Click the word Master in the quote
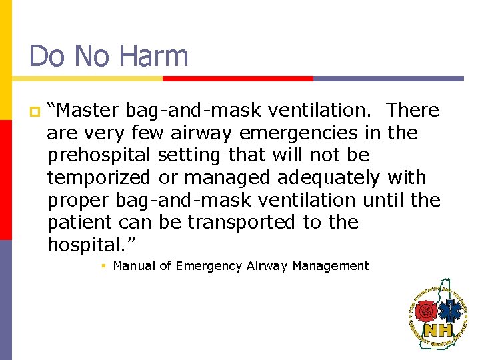pos(89,110)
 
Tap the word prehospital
pos(99,155)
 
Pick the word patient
pos(78,222)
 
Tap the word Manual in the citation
pos(133,266)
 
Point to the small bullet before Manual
pos(104,266)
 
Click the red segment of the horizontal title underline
pos(238,78)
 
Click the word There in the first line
pos(413,110)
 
